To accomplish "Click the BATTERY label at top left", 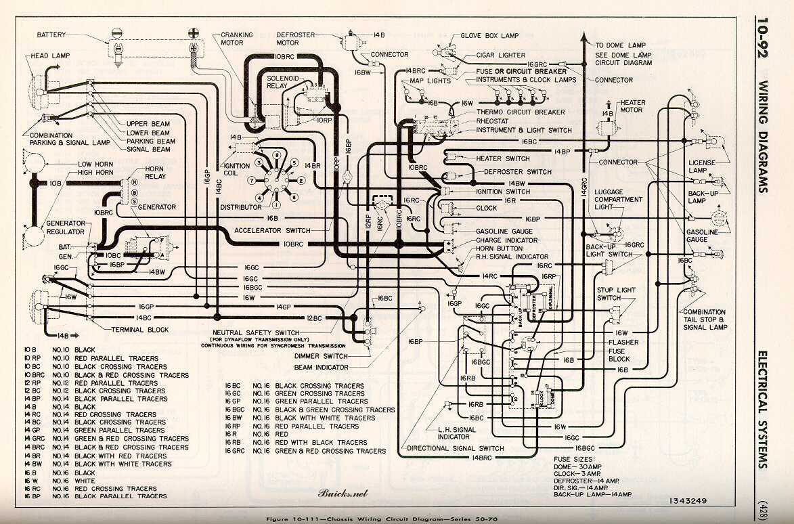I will coord(52,35).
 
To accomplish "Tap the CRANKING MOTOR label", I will coord(236,39).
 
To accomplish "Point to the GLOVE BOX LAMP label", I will coord(491,35).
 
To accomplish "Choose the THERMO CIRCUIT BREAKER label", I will coord(521,112).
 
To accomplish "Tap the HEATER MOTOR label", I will coord(632,106).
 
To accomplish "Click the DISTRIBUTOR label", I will coord(241,206).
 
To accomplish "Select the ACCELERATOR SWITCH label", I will coord(272,230).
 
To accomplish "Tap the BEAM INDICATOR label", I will coord(322,367).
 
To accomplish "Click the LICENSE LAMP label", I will coord(702,167).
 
